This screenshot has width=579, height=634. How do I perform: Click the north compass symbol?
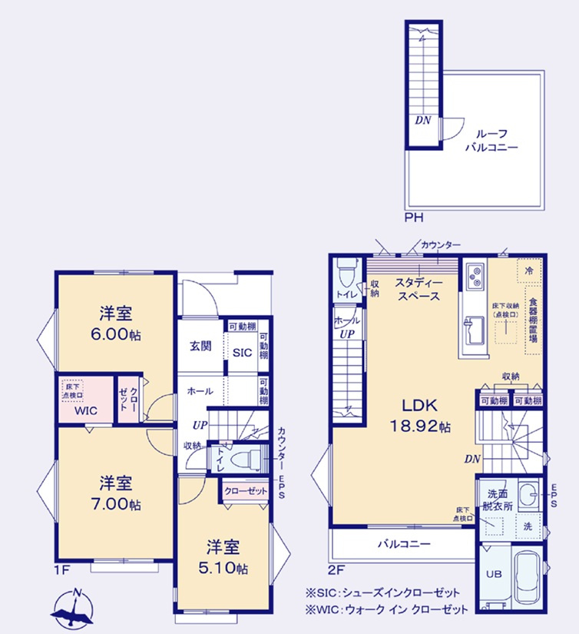(73, 606)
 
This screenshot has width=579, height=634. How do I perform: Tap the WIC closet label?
(85, 410)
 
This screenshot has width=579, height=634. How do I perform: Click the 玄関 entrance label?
(201, 346)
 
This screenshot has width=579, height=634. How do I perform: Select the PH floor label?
(414, 217)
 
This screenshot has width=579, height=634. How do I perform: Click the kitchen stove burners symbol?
(472, 274)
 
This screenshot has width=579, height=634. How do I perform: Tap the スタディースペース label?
(418, 289)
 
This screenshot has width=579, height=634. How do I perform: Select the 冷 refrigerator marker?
(528, 271)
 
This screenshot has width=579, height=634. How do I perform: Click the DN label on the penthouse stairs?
(422, 120)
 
